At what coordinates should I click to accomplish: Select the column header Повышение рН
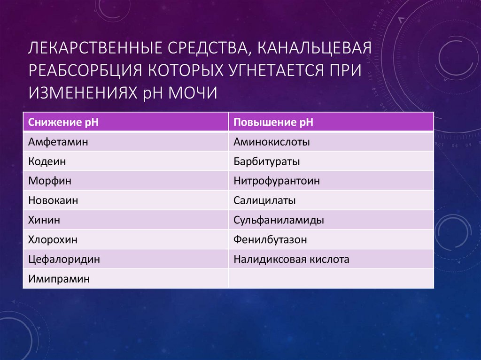(x=273, y=123)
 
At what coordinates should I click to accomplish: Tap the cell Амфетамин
(x=58, y=142)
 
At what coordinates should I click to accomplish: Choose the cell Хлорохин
(x=53, y=240)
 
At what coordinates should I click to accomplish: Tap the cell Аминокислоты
(x=272, y=142)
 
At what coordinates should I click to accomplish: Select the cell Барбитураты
(x=266, y=161)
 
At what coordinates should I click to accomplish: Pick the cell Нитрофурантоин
(x=277, y=181)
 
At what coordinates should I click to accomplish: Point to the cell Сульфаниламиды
(x=279, y=220)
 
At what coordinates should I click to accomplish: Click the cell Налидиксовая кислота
(x=291, y=259)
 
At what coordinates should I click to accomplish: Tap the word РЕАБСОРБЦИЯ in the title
(x=86, y=70)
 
